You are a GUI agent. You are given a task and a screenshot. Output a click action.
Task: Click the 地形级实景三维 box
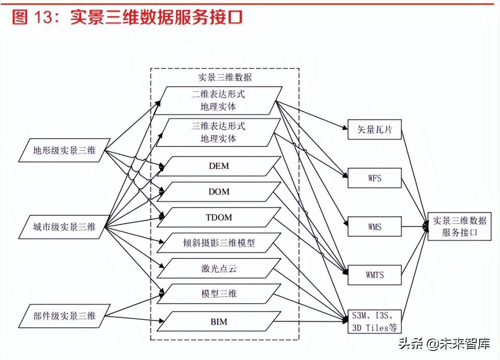(x=64, y=150)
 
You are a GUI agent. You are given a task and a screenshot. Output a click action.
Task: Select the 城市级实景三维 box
(x=64, y=227)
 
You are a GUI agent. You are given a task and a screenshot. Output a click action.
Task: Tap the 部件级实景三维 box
(x=64, y=316)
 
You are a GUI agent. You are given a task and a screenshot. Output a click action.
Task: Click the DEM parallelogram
(x=219, y=166)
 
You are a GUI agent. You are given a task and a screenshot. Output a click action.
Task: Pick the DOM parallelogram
(x=219, y=192)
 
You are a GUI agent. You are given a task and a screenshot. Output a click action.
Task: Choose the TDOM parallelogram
(x=219, y=218)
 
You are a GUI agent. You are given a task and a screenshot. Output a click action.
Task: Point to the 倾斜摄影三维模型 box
(x=219, y=243)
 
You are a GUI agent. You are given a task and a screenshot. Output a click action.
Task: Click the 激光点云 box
(x=219, y=269)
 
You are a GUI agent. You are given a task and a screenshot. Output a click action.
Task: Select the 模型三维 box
(x=219, y=294)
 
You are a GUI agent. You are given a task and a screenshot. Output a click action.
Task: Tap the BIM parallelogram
(x=219, y=321)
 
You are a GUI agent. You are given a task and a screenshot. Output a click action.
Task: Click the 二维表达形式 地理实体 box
(x=219, y=100)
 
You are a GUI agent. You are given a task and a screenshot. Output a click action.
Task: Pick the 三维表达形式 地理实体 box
(x=219, y=132)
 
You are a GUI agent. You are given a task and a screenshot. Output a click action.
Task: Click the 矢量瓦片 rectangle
(x=374, y=129)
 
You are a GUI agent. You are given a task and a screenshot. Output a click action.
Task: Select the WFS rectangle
(x=374, y=178)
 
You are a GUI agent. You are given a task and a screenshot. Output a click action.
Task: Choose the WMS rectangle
(x=374, y=227)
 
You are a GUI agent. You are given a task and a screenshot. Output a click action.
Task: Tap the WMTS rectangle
(x=374, y=275)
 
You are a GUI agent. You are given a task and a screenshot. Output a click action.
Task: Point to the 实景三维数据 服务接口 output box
(x=459, y=226)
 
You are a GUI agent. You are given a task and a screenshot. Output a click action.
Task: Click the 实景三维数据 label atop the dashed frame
(x=225, y=77)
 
